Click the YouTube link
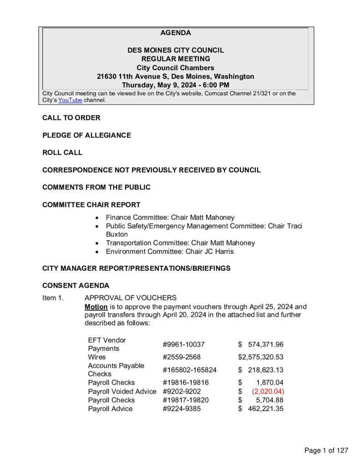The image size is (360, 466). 70,100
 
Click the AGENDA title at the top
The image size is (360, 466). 176,33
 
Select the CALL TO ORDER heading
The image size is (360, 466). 71,118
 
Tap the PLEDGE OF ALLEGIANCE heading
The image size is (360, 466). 86,135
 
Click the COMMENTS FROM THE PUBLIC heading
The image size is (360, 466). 96,187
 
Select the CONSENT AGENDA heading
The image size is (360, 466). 76,286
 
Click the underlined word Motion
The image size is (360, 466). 96,306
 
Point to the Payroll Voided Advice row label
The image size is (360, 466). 122,391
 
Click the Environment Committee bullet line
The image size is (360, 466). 170,251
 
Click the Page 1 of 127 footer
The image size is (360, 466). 326,451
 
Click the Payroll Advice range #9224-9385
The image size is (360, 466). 181,409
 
